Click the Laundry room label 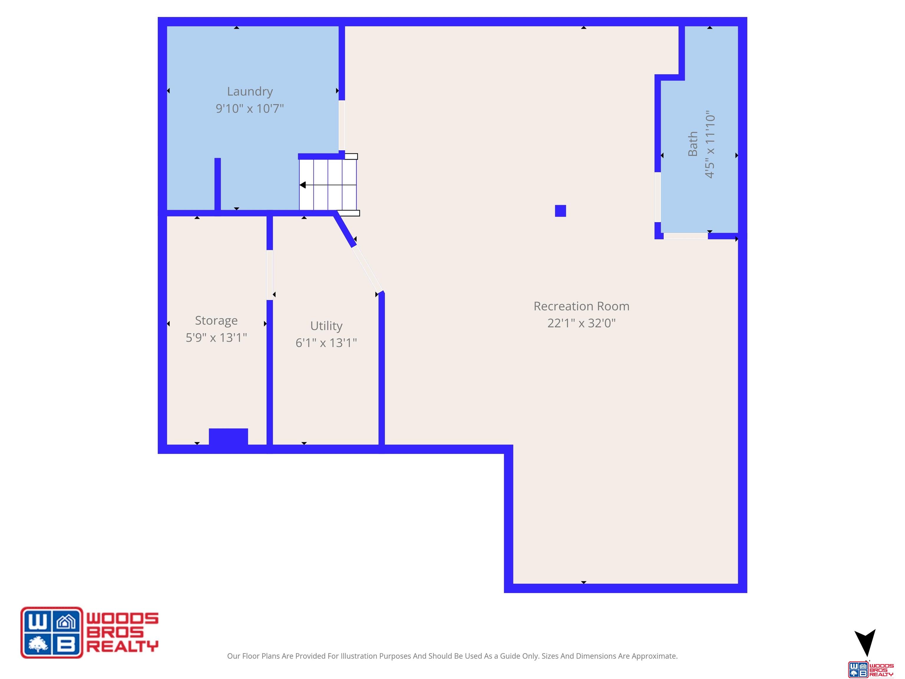click(250, 92)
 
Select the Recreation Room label click(581, 306)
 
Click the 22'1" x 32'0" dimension click(581, 323)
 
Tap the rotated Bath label click(693, 144)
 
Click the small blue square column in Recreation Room click(561, 211)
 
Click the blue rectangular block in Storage click(228, 436)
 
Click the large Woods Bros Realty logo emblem click(52, 632)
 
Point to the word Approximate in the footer click(655, 656)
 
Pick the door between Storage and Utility click(270, 275)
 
